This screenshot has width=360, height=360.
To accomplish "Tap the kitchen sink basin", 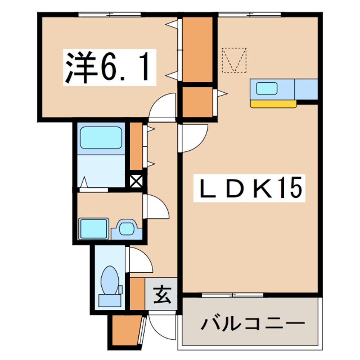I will [266, 89].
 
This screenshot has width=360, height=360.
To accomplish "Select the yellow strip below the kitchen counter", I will [273, 103].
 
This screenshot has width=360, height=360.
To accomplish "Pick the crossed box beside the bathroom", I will [137, 180].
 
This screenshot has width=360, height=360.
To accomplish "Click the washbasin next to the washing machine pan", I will [126, 229].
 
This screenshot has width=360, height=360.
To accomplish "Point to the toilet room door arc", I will [140, 260].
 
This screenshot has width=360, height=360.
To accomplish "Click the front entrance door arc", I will [162, 326].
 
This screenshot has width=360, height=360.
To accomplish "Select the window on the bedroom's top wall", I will [109, 14].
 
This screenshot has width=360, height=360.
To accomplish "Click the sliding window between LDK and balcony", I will [233, 294].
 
